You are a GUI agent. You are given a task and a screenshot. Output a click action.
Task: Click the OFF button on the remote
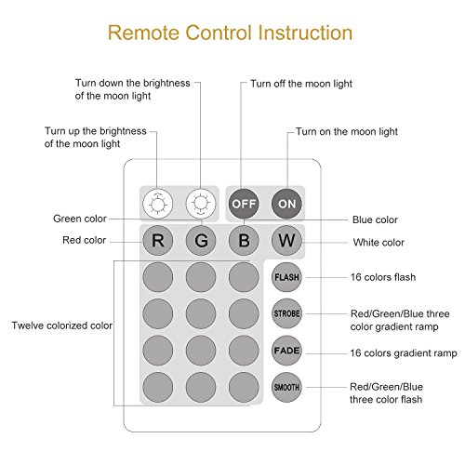[244, 204]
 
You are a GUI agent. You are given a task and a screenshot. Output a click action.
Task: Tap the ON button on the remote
[286, 204]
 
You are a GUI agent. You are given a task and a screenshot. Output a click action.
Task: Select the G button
[201, 240]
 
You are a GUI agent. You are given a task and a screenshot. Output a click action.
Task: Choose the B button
[244, 240]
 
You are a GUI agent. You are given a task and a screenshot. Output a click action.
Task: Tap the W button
[286, 240]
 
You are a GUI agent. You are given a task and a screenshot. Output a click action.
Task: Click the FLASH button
[286, 277]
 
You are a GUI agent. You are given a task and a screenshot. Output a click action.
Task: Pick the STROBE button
[286, 313]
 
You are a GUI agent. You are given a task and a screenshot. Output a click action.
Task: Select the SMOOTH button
[286, 387]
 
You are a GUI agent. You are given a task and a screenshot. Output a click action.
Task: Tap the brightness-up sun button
[157, 204]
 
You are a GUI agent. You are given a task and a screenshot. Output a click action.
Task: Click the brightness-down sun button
[201, 204]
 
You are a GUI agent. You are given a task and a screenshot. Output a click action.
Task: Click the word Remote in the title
[144, 33]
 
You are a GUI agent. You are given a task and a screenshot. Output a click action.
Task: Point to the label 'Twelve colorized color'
[62, 325]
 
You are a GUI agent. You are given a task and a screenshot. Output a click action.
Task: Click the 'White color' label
[379, 242]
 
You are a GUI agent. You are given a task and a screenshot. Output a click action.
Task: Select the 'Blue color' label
[375, 219]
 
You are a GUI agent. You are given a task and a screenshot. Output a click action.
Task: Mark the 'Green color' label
[80, 219]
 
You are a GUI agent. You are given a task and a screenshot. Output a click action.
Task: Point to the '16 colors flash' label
[383, 277]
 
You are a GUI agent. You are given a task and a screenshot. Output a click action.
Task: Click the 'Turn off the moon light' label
[301, 84]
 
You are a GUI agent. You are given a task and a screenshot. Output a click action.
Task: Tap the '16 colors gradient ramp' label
[404, 353]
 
